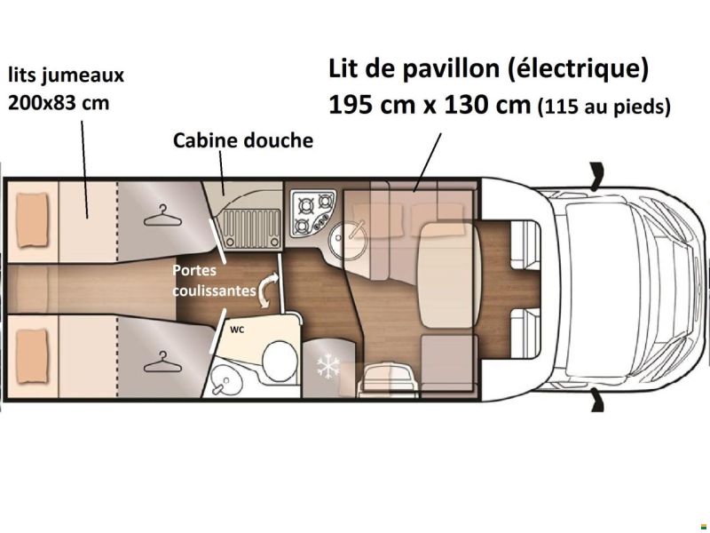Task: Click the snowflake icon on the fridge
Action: [329, 365]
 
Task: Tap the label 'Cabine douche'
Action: [243, 140]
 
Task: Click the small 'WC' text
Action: [237, 329]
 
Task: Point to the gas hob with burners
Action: [312, 211]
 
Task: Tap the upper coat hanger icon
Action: [160, 214]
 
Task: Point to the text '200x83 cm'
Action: [59, 102]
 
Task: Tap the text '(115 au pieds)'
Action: [603, 107]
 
